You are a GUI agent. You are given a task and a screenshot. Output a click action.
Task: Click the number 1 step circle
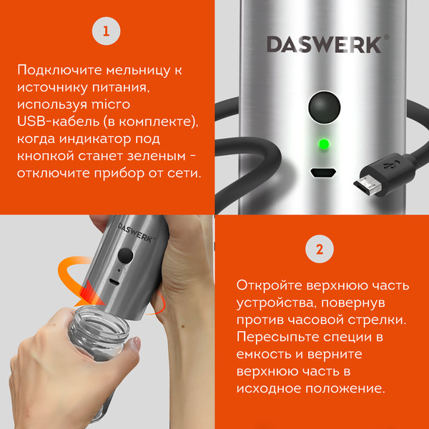(x=107, y=31)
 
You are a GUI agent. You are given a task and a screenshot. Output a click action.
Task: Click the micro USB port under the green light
(x=323, y=173)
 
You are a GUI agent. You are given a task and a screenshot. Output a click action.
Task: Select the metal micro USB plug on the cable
(x=367, y=186)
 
